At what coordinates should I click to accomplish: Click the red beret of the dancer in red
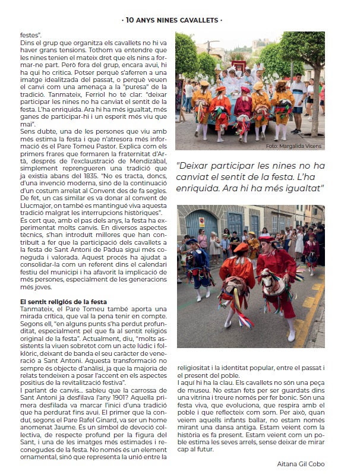pos(266,239)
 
